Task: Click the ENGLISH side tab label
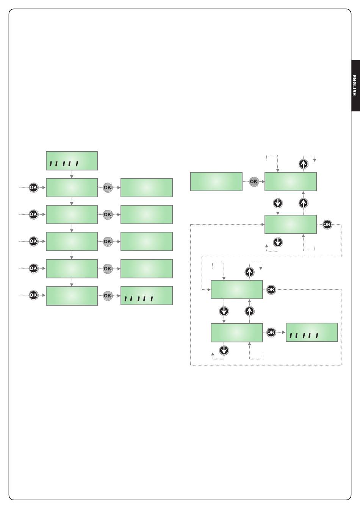click(354, 86)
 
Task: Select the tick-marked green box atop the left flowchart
click(72, 161)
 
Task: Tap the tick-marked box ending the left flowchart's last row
click(146, 295)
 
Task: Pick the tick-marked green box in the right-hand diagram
click(311, 332)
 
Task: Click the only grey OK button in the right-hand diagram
click(254, 181)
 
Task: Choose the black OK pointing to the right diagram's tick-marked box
click(271, 333)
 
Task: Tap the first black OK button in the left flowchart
click(33, 188)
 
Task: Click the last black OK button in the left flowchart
click(33, 295)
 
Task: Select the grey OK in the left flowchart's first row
click(108, 188)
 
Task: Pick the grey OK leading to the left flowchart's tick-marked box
click(108, 296)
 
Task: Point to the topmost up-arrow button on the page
click(303, 164)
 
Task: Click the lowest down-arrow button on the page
click(224, 350)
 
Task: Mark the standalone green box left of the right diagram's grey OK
click(216, 181)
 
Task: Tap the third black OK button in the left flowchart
click(33, 241)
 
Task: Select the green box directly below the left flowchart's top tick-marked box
click(72, 188)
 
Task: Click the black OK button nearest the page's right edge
click(327, 225)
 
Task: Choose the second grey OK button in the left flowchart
click(108, 214)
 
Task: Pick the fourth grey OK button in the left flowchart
click(108, 269)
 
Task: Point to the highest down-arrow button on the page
click(278, 203)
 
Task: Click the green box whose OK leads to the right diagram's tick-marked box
click(237, 333)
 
